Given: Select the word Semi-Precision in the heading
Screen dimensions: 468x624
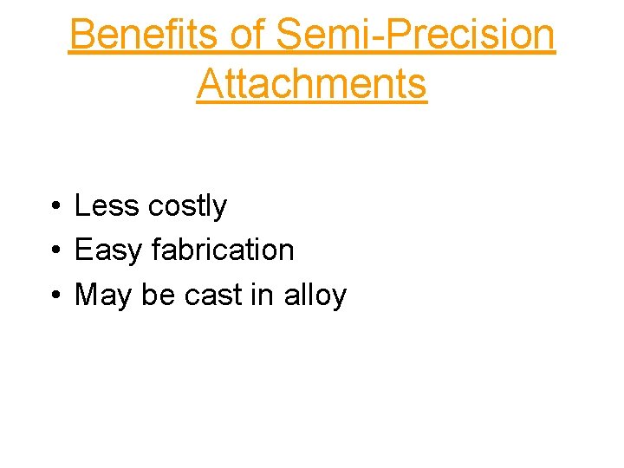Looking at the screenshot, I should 414,35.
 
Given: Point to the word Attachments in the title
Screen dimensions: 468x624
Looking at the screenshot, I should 312,84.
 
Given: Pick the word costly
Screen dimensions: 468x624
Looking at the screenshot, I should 187,206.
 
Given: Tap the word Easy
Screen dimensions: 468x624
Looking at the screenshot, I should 109,250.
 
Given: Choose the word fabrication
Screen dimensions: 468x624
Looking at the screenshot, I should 223,250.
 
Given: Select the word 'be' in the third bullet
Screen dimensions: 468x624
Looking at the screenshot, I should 159,296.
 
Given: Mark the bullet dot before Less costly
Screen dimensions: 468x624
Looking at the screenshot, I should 55,207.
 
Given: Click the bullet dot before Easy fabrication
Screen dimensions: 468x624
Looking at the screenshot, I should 55,251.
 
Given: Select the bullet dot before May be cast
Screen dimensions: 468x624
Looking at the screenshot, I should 55,296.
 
